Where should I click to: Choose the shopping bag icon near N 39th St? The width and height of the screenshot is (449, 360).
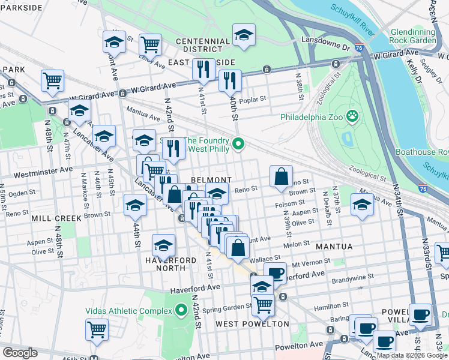click(281, 177)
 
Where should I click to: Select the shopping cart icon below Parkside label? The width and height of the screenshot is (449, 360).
click(53, 80)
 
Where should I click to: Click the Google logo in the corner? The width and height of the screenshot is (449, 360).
click(20, 353)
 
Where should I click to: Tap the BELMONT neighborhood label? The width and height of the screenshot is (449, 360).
click(211, 180)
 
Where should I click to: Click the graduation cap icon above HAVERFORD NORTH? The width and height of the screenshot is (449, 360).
click(163, 245)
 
